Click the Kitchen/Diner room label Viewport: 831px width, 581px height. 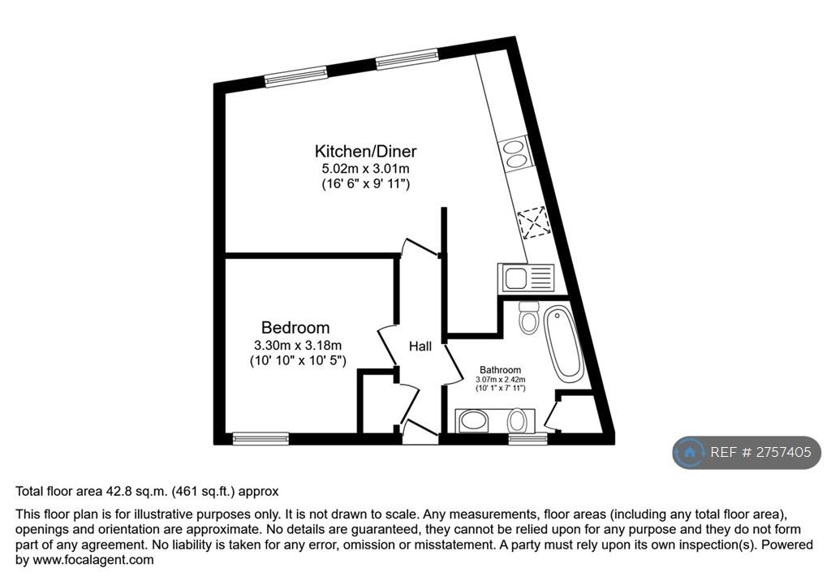tap(366, 151)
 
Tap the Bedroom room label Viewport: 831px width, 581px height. tap(295, 328)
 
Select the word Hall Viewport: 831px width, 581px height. tap(420, 346)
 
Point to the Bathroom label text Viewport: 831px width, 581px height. tap(500, 369)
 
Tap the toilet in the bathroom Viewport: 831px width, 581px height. tap(529, 317)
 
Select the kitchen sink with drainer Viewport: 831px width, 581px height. tap(526, 278)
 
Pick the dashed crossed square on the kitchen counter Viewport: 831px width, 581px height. tap(533, 222)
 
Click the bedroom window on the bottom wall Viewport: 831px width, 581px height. tap(260, 438)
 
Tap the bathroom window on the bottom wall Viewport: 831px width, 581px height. tap(527, 438)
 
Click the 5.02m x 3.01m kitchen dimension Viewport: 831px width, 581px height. tap(366, 169)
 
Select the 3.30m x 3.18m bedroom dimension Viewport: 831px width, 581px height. tap(298, 346)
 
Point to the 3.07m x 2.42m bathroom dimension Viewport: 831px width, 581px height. tap(500, 380)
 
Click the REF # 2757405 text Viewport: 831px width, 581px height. tap(760, 452)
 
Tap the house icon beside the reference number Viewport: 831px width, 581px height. tap(690, 452)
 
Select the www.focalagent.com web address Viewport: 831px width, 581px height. tap(93, 560)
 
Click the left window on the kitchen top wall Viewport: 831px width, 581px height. tap(295, 75)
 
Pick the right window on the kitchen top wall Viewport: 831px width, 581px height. tap(407, 59)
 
